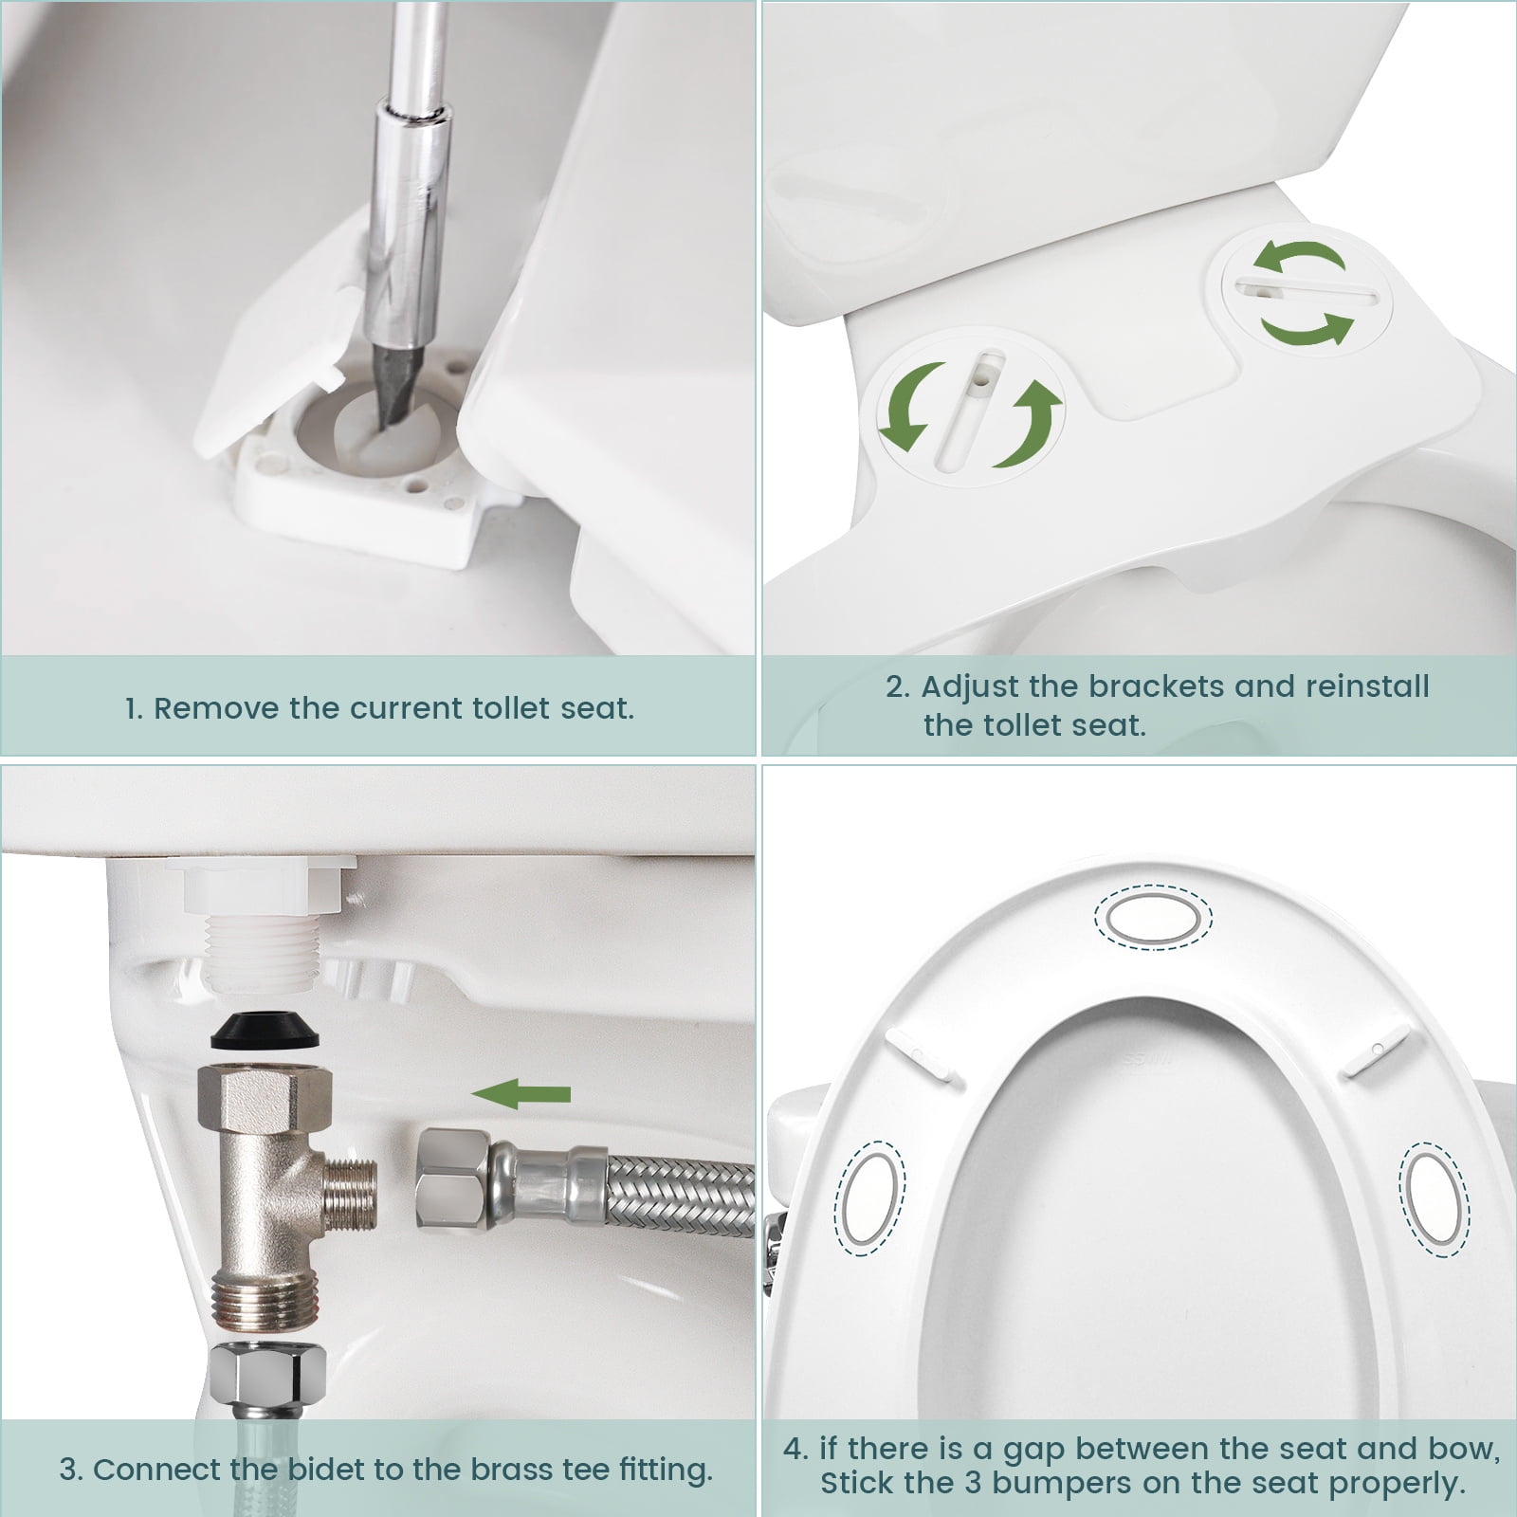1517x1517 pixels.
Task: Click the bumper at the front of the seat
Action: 1154,916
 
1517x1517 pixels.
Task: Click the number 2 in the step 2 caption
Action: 896,686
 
